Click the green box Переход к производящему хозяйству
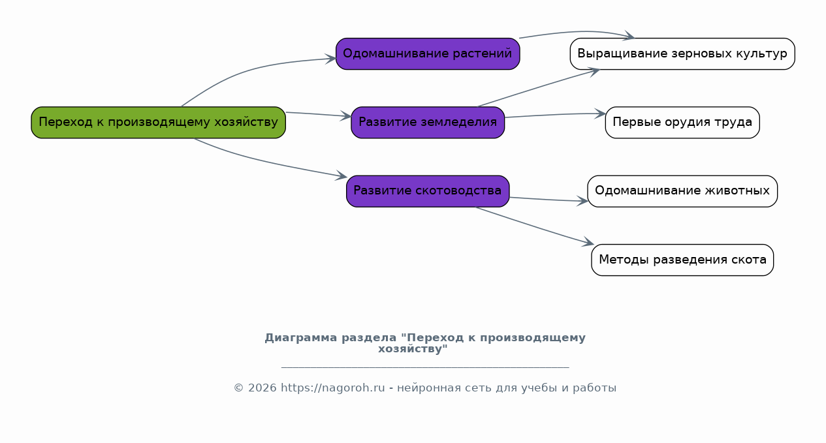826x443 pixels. click(x=158, y=123)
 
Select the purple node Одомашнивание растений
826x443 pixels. click(x=428, y=53)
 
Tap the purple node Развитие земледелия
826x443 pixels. click(x=428, y=123)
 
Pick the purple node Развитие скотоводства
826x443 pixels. click(x=428, y=191)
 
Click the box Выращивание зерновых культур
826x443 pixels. click(x=682, y=53)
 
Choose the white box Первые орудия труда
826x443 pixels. click(x=682, y=123)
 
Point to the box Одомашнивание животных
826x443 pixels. click(x=682, y=191)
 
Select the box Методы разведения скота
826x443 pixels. click(x=682, y=260)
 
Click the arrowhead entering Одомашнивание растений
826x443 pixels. click(x=331, y=59)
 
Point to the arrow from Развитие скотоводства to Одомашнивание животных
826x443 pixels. click(x=548, y=200)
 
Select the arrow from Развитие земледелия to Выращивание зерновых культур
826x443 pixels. click(x=539, y=87)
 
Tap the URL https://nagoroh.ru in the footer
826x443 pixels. click(x=332, y=388)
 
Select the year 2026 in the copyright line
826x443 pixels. click(x=262, y=388)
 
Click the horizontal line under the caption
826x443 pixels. click(x=425, y=367)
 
